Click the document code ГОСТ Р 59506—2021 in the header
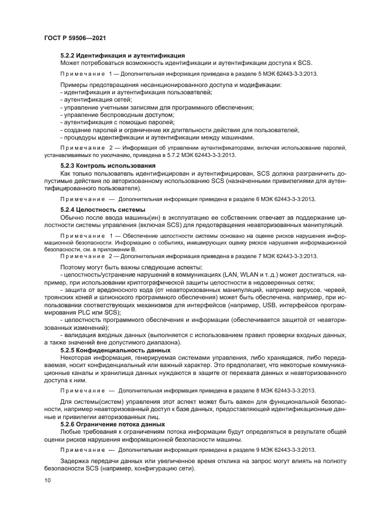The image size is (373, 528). [x=75, y=37]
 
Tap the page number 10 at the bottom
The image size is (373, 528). [x=47, y=480]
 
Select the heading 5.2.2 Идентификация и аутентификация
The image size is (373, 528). [x=122, y=55]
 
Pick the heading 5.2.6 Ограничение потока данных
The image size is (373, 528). [x=112, y=424]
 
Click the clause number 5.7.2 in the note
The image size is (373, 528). [x=174, y=154]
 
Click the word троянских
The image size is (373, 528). [x=61, y=298]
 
